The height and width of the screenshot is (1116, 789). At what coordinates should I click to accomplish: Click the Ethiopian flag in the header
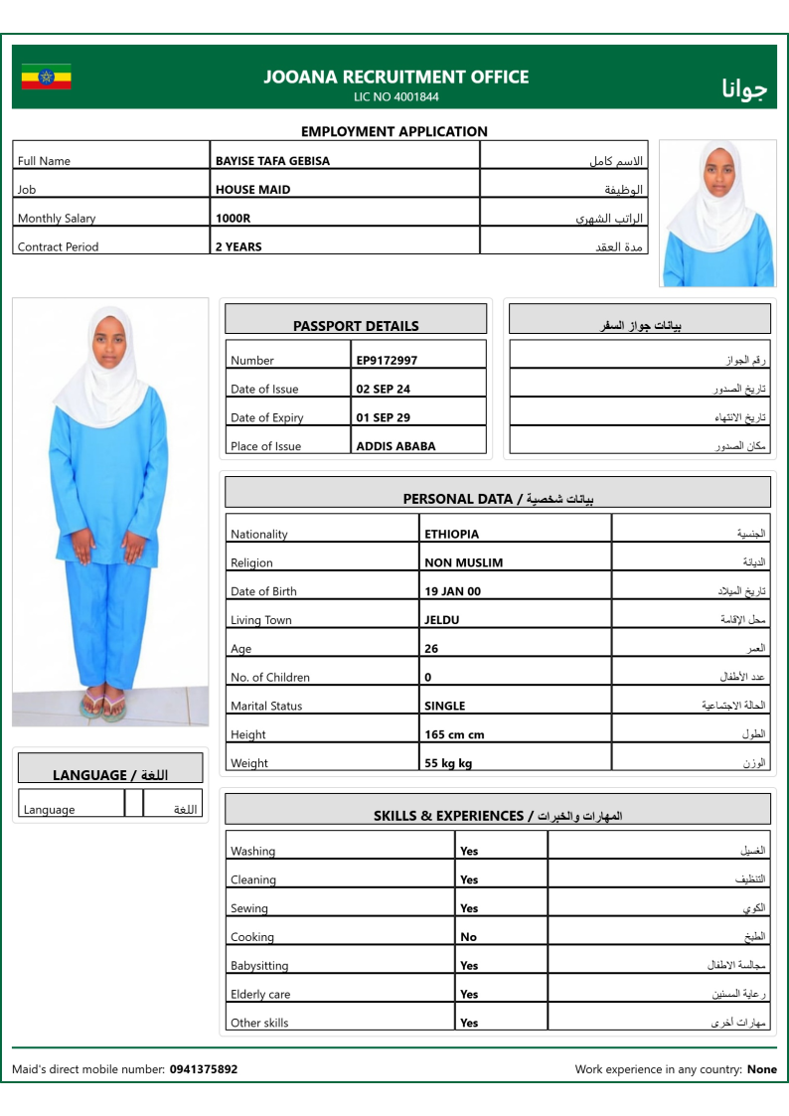tap(47, 77)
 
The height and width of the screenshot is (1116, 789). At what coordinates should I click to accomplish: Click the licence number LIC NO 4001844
tap(395, 97)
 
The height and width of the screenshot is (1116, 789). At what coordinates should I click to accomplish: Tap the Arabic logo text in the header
tap(744, 88)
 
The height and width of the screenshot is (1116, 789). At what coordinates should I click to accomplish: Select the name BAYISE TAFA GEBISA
tap(272, 161)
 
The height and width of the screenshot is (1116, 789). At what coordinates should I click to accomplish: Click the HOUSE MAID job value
tap(252, 190)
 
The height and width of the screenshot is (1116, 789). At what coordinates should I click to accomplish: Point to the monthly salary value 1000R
tap(233, 219)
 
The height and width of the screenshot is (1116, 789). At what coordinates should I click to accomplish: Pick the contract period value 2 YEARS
tap(238, 247)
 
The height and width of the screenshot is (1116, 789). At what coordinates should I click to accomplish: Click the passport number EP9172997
tap(387, 361)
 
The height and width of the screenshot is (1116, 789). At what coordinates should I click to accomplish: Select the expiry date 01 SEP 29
tap(383, 418)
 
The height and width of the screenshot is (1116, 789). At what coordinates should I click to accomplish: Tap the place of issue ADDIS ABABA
tap(395, 447)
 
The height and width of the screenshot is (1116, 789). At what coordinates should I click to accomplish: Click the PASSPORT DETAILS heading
tap(356, 326)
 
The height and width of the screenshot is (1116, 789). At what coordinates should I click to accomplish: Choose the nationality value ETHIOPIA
tap(451, 535)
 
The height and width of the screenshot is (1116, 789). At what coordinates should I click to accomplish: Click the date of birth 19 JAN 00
tap(452, 592)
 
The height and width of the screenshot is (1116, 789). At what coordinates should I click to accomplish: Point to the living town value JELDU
tap(442, 621)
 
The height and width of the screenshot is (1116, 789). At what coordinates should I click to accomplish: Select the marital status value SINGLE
tap(444, 707)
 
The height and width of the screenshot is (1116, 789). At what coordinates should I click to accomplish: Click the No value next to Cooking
tap(468, 937)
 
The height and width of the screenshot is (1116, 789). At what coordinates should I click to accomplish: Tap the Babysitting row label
tap(259, 966)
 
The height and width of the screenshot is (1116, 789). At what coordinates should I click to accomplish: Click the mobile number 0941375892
tap(204, 1070)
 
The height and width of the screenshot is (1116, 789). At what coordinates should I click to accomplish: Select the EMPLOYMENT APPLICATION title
tap(394, 131)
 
